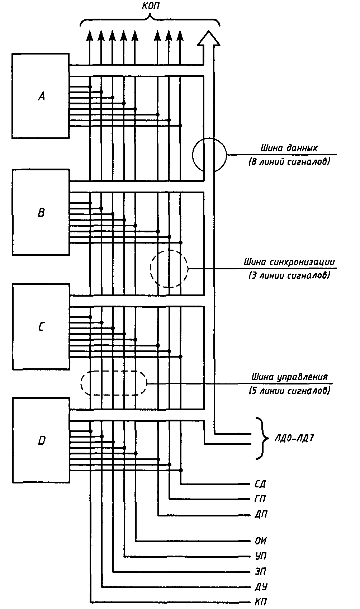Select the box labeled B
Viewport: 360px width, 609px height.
[41, 212]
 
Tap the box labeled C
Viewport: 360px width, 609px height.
[41, 327]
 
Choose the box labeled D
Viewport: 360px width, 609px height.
[41, 440]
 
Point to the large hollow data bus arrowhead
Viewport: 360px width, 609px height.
[208, 38]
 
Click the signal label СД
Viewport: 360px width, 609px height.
[260, 484]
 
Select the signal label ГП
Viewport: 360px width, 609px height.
[260, 499]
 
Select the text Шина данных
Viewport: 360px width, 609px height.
[289, 148]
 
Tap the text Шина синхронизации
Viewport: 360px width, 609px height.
[289, 262]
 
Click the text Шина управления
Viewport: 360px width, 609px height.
[289, 377]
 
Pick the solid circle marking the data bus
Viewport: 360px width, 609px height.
[210, 155]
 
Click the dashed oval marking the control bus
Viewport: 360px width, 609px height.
[114, 383]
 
